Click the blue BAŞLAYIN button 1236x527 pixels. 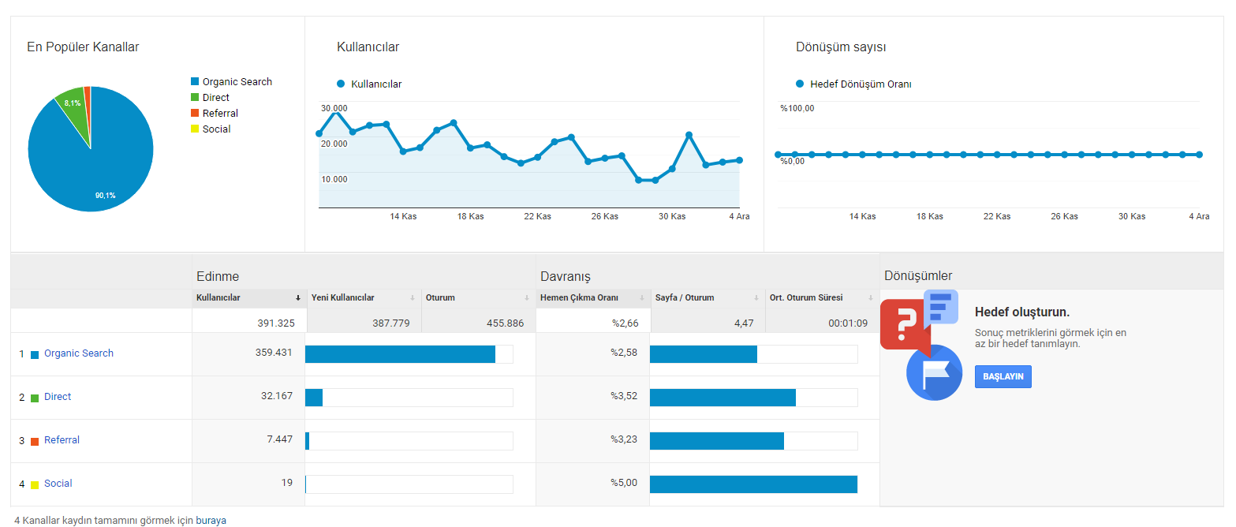pos(1003,376)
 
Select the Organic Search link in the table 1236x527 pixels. pos(78,353)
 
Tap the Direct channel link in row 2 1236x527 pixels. pos(58,396)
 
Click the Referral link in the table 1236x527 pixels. pos(62,439)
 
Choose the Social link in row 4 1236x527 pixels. pos(58,484)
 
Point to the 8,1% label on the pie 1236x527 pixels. pos(73,103)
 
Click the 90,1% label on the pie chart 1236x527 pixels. pos(106,196)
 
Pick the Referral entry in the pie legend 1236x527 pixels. pos(220,113)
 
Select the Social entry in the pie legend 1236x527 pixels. pos(216,129)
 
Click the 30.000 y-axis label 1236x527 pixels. pos(334,108)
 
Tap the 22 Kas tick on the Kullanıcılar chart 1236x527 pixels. pos(537,216)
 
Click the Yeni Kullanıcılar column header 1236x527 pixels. pos(342,297)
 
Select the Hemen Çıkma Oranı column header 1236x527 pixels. pos(579,297)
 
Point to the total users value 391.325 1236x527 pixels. pos(276,323)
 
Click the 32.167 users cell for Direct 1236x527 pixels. pos(276,396)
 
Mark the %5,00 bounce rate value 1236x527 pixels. pos(623,483)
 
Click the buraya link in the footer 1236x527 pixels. pos(211,521)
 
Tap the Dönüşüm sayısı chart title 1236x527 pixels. pos(841,47)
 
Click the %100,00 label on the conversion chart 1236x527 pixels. pos(797,108)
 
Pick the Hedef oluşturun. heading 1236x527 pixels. pos(1022,312)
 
